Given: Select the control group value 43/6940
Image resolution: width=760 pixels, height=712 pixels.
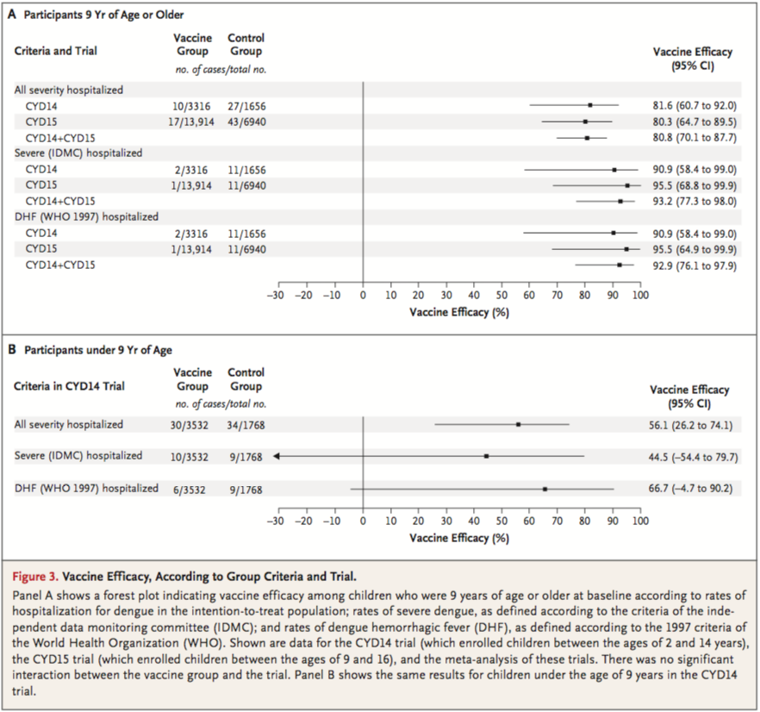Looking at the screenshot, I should (246, 122).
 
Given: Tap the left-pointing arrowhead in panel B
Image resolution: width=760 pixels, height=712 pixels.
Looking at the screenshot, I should (277, 456).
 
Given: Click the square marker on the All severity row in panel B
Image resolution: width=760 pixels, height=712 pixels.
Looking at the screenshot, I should (518, 424).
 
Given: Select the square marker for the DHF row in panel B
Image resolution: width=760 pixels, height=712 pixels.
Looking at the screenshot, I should (545, 489).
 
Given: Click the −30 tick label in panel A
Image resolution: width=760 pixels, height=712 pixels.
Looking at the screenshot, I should (275, 296).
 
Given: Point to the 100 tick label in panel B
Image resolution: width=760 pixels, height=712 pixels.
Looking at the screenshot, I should (639, 522).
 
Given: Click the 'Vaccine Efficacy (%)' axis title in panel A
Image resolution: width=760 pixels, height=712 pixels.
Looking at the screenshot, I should (459, 312).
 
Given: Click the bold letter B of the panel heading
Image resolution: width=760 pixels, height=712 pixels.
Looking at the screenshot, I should (12, 351).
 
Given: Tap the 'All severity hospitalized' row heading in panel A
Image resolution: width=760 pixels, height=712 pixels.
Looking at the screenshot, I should (69, 90).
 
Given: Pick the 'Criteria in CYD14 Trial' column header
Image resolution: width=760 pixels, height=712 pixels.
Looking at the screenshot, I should (70, 386).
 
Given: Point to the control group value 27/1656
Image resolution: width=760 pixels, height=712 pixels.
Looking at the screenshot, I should (246, 105).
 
